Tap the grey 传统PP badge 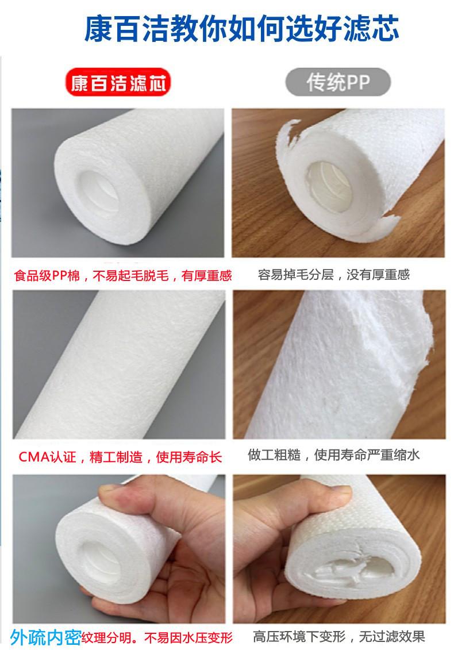[338, 82]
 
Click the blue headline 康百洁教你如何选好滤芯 [241, 28]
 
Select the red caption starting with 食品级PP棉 [123, 275]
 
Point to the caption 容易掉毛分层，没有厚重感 [334, 275]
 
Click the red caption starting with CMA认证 [120, 457]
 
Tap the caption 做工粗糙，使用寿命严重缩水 [334, 455]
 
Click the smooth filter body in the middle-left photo [120, 365]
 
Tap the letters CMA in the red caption [34, 457]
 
